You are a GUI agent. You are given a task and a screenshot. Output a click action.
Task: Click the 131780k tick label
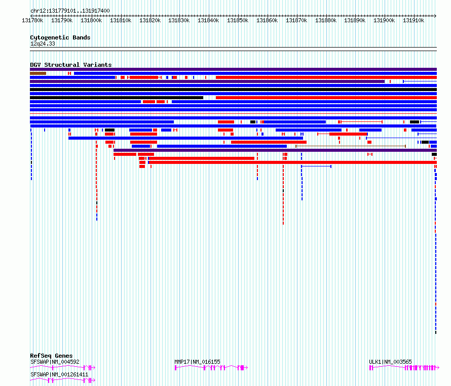point(32,20)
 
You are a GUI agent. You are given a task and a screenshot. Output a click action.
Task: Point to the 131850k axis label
point(238,20)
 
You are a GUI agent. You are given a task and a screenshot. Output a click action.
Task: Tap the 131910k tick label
point(414,20)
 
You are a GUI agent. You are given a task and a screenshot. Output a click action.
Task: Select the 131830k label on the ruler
point(179,20)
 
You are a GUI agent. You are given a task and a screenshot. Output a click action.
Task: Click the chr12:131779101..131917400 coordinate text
point(70,11)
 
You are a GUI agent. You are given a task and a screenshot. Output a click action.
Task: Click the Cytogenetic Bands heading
point(60,37)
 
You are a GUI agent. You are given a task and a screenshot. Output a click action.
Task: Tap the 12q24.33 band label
point(43,44)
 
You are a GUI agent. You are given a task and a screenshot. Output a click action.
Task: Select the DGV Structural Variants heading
point(71,65)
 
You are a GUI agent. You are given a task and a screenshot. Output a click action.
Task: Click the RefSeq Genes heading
point(51,356)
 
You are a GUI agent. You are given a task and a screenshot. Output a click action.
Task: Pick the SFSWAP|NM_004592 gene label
point(55,362)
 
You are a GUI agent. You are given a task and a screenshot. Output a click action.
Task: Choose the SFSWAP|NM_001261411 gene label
point(59,374)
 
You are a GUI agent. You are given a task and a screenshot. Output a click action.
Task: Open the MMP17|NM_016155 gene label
point(197,362)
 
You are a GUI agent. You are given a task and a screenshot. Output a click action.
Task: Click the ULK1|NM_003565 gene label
point(390,362)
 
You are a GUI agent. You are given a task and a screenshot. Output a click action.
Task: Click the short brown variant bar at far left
point(38,73)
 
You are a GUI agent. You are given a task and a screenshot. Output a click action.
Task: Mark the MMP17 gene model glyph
point(211,368)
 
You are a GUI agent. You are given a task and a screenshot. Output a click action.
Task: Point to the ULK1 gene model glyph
point(404,368)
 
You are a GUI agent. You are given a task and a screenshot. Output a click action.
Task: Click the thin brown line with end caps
point(351,146)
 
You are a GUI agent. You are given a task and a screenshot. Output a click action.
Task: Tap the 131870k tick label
point(296,20)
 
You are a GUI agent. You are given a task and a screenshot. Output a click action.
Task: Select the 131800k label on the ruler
point(91,20)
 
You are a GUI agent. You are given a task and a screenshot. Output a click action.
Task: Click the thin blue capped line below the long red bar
point(316,166)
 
